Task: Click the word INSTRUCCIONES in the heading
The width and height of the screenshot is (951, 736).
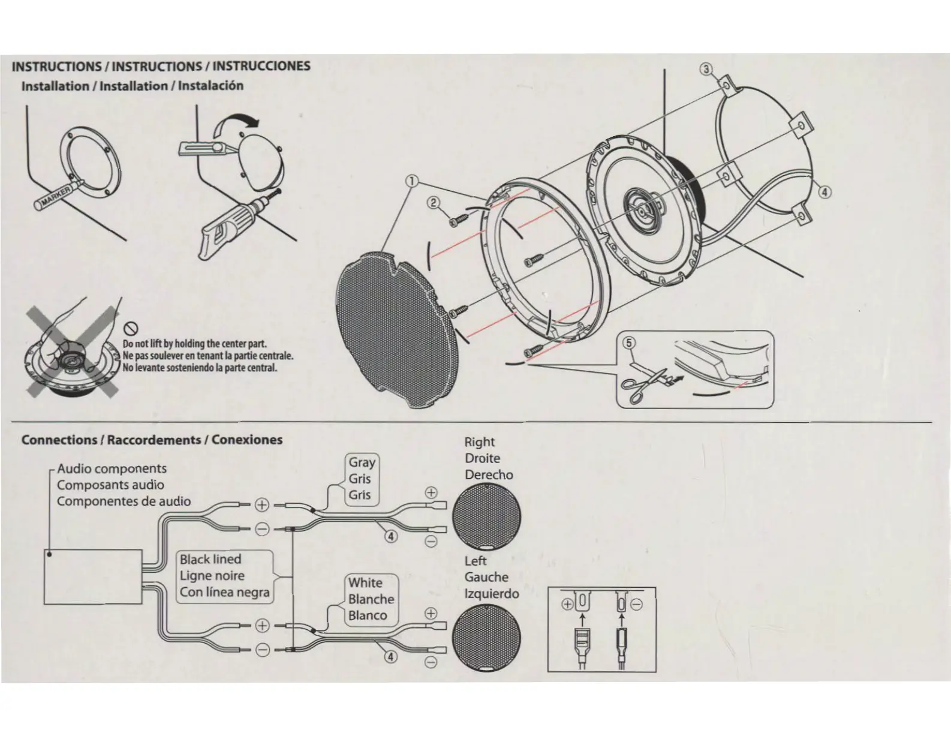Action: click(261, 66)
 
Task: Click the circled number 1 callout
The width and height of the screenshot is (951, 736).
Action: click(411, 180)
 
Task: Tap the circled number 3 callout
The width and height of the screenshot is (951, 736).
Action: click(707, 69)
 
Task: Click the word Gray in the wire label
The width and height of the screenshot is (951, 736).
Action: click(362, 462)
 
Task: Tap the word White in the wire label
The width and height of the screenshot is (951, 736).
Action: click(365, 583)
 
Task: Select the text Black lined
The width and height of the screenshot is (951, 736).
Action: click(210, 560)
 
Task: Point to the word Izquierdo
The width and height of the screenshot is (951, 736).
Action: click(492, 594)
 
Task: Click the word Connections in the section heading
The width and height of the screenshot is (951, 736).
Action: click(59, 440)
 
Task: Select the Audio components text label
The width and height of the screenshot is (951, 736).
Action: click(112, 469)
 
